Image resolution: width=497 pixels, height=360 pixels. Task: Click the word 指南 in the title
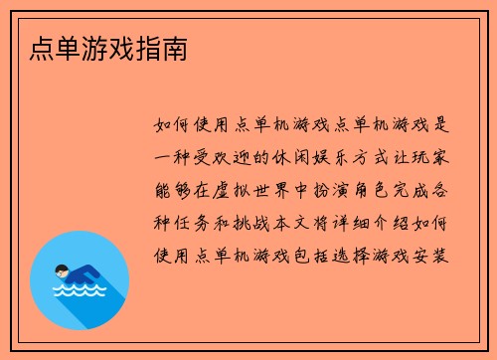[157, 47]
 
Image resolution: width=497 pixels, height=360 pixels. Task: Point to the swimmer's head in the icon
[62, 269]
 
